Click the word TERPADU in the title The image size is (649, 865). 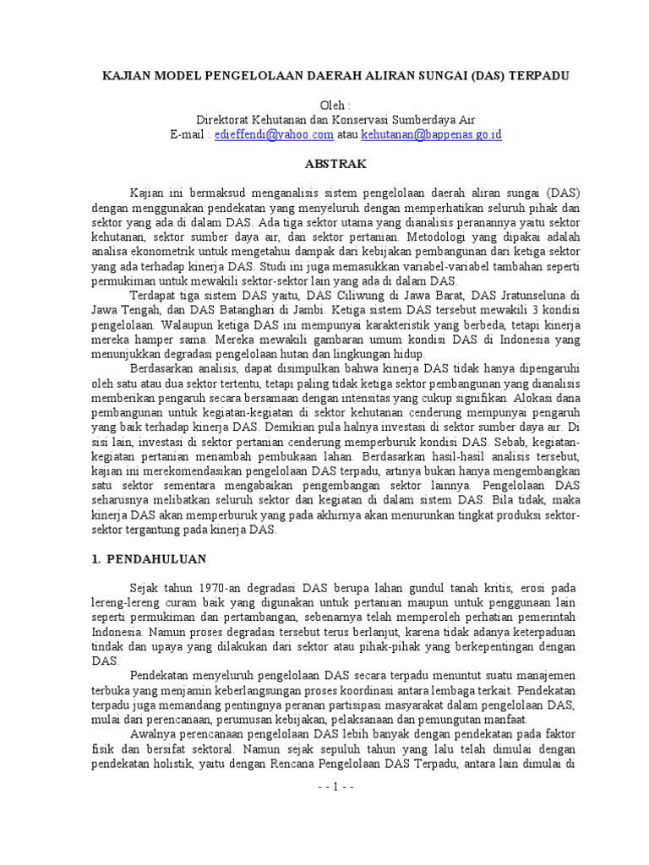point(537,75)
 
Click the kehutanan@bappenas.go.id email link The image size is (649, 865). point(432,134)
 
